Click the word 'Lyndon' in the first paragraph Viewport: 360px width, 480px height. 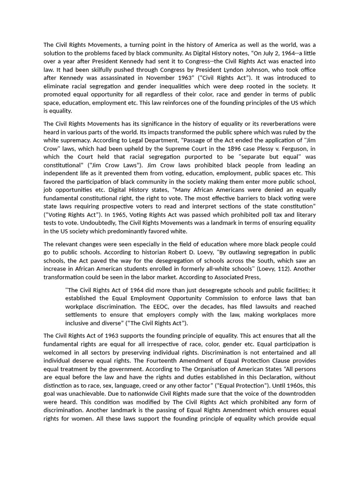point(261,69)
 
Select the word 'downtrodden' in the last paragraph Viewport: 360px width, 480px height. point(298,394)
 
